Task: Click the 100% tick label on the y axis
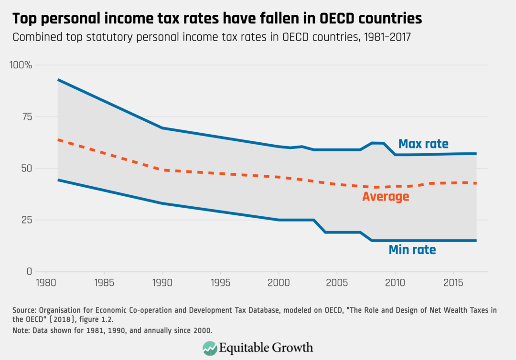click(x=21, y=65)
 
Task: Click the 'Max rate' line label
click(x=423, y=144)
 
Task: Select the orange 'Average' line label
click(x=386, y=196)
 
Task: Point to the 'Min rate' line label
click(x=412, y=249)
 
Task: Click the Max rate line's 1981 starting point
click(x=58, y=80)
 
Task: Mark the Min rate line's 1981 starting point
click(x=58, y=180)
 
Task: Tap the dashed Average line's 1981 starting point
click(x=58, y=140)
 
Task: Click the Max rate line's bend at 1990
click(x=162, y=128)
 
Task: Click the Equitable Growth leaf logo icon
click(x=209, y=347)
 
